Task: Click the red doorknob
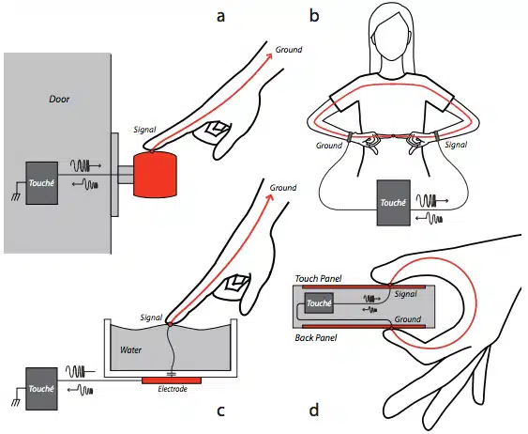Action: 156,174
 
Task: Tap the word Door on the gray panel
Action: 59,99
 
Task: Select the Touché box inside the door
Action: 42,183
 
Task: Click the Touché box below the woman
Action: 393,203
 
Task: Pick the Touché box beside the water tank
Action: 41,389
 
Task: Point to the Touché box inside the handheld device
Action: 319,303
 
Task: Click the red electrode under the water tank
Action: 172,380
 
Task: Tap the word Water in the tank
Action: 130,350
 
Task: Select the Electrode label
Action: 173,389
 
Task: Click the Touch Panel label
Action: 318,279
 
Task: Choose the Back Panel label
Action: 316,337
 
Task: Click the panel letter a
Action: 220,17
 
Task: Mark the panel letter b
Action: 314,15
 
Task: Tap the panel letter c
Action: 220,411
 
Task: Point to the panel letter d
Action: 314,410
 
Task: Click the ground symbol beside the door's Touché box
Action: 16,194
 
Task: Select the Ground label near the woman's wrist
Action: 329,146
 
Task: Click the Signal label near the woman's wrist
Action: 456,145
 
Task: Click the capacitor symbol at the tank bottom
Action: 172,374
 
